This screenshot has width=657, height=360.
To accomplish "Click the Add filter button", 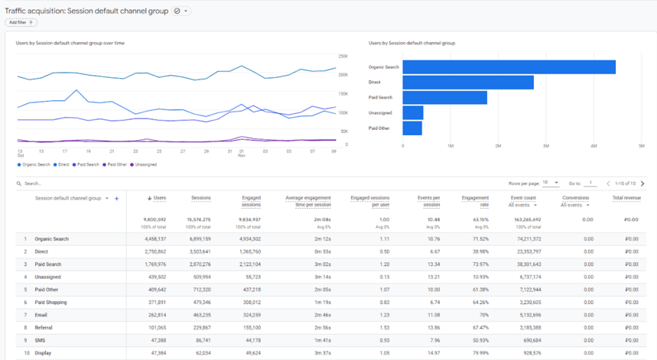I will point(21,23).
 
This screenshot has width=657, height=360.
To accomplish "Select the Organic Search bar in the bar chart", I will point(509,67).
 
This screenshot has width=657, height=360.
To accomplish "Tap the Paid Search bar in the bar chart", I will point(444,97).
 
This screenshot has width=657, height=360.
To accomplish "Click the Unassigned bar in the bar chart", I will point(412,112).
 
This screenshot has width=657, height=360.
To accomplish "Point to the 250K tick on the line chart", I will point(343,56).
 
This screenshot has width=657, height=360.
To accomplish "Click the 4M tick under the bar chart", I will point(594,145).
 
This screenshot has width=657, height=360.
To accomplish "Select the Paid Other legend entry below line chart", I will point(115,164).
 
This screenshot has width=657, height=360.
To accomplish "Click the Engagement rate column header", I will point(476,202).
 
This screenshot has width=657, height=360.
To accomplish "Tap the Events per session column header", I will point(430,202).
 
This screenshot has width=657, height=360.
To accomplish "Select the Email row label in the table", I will point(43,315).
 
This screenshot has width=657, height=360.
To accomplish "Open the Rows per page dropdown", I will point(551,183).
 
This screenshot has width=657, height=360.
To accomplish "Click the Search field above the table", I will point(76,184).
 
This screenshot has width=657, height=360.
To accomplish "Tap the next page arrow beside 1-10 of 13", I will point(642,183).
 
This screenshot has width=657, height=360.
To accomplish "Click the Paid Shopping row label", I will point(50,302).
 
